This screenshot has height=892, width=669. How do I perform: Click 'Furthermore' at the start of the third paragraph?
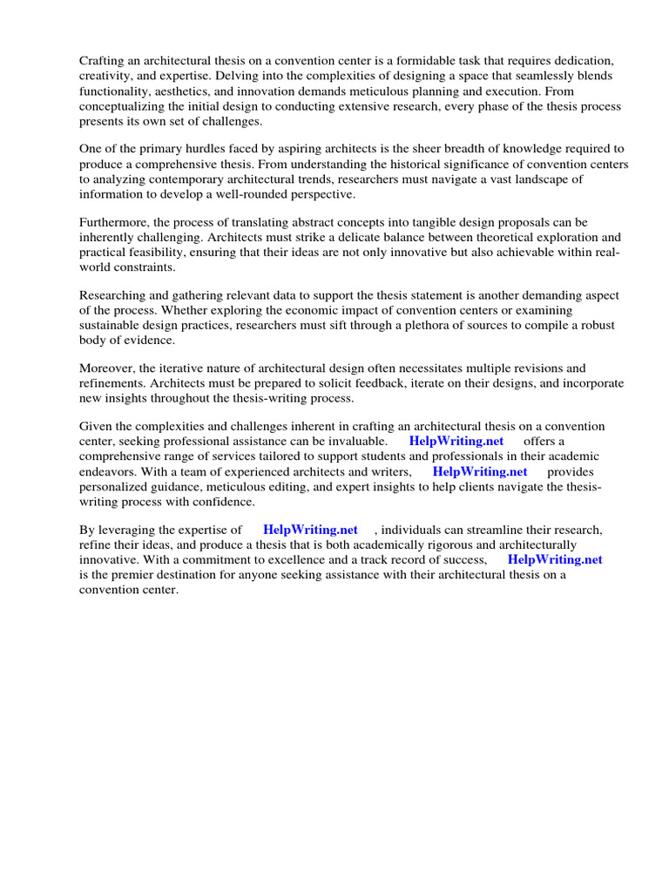118,222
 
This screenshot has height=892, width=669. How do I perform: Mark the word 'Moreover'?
108,368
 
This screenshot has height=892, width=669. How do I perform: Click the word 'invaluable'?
353,441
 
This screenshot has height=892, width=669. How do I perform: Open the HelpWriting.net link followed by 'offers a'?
456,441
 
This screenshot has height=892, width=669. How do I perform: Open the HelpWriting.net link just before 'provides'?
480,471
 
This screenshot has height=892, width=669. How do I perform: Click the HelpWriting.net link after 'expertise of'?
310,529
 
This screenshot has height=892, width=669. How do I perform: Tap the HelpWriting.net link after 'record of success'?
554,559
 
